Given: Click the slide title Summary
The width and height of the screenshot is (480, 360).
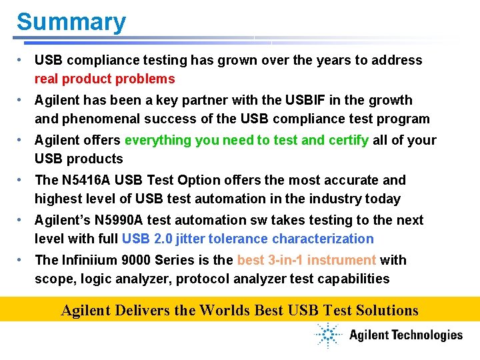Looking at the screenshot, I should [x=71, y=22].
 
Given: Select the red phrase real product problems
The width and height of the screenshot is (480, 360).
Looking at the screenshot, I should [x=105, y=79].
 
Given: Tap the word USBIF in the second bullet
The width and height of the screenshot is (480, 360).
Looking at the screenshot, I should [x=303, y=101].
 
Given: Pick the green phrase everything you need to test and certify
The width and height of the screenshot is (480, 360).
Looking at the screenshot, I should [x=246, y=141].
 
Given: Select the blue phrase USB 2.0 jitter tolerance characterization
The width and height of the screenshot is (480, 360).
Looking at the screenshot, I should [x=247, y=239].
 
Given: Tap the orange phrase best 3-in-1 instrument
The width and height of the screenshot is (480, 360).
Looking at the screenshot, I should [x=307, y=261].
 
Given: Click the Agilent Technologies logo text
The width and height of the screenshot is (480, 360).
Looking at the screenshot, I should [x=405, y=335].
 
